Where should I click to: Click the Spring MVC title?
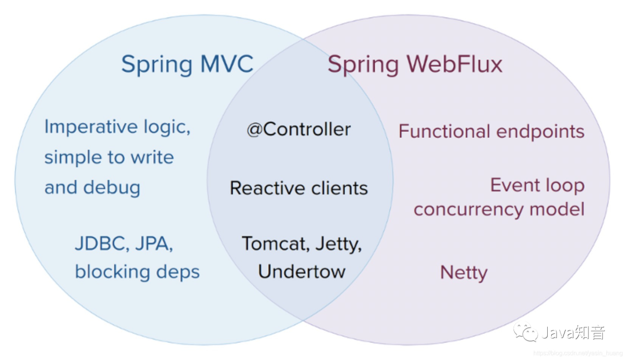coord(187,64)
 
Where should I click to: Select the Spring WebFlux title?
coord(414,64)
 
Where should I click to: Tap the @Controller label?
coord(299,129)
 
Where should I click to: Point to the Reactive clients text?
coord(299,188)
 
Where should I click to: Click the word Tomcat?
coord(275,243)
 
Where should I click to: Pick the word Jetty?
coord(339,244)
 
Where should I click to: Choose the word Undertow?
coord(301,271)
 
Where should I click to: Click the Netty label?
coord(464,272)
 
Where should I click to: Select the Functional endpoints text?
coord(491,132)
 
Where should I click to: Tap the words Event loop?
coord(537,186)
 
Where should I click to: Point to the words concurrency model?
coord(498,209)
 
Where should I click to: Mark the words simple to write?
coord(109,157)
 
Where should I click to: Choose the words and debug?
coord(92,187)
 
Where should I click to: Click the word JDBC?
coord(101,244)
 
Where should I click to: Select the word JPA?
coord(154,244)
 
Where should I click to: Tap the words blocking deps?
coord(137,271)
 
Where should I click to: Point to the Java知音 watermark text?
coord(573,333)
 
